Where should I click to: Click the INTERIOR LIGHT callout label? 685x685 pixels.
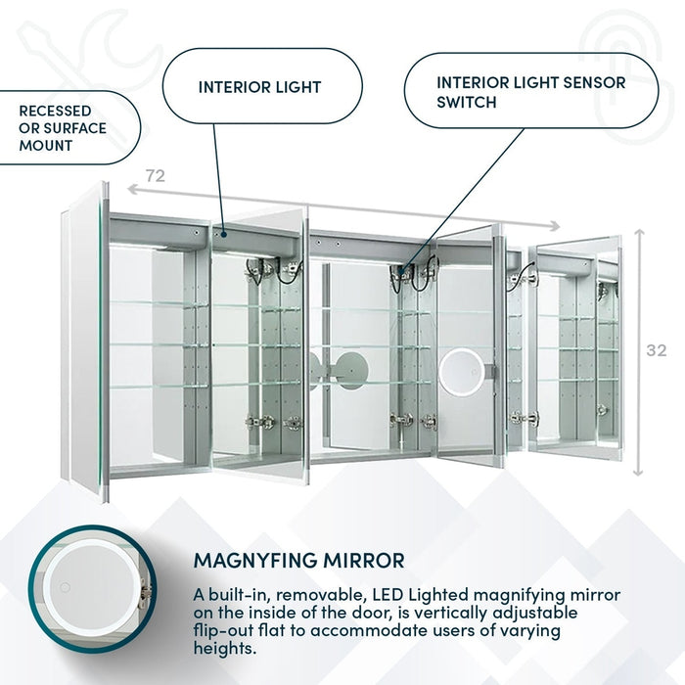click(259, 87)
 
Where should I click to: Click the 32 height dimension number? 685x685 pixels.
click(657, 350)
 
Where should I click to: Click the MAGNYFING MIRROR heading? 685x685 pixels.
click(298, 561)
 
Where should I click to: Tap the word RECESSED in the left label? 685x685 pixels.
click(55, 111)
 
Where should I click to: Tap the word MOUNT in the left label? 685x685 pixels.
click(46, 146)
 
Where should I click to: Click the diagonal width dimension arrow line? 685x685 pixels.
click(323, 205)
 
